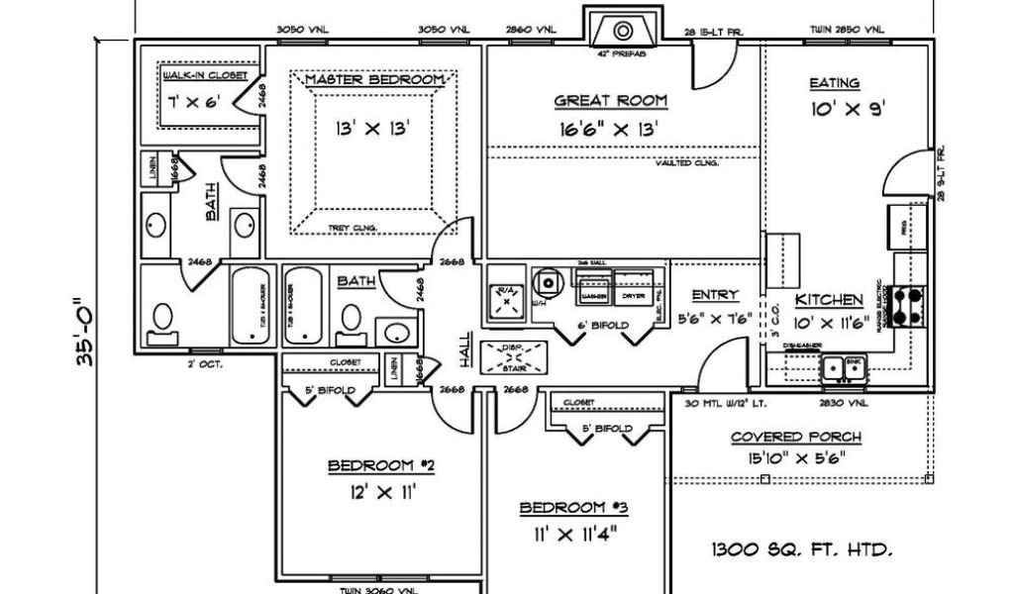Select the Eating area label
(834, 83)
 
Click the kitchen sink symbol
(845, 368)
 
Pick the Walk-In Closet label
(197, 75)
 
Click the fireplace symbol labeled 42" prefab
(623, 29)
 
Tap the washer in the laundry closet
(594, 295)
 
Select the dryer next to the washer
(633, 295)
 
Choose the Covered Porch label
(796, 437)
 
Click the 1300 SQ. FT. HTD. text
(804, 547)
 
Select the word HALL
(463, 348)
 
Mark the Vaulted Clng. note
(686, 163)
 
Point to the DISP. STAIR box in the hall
(513, 355)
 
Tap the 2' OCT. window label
(205, 363)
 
